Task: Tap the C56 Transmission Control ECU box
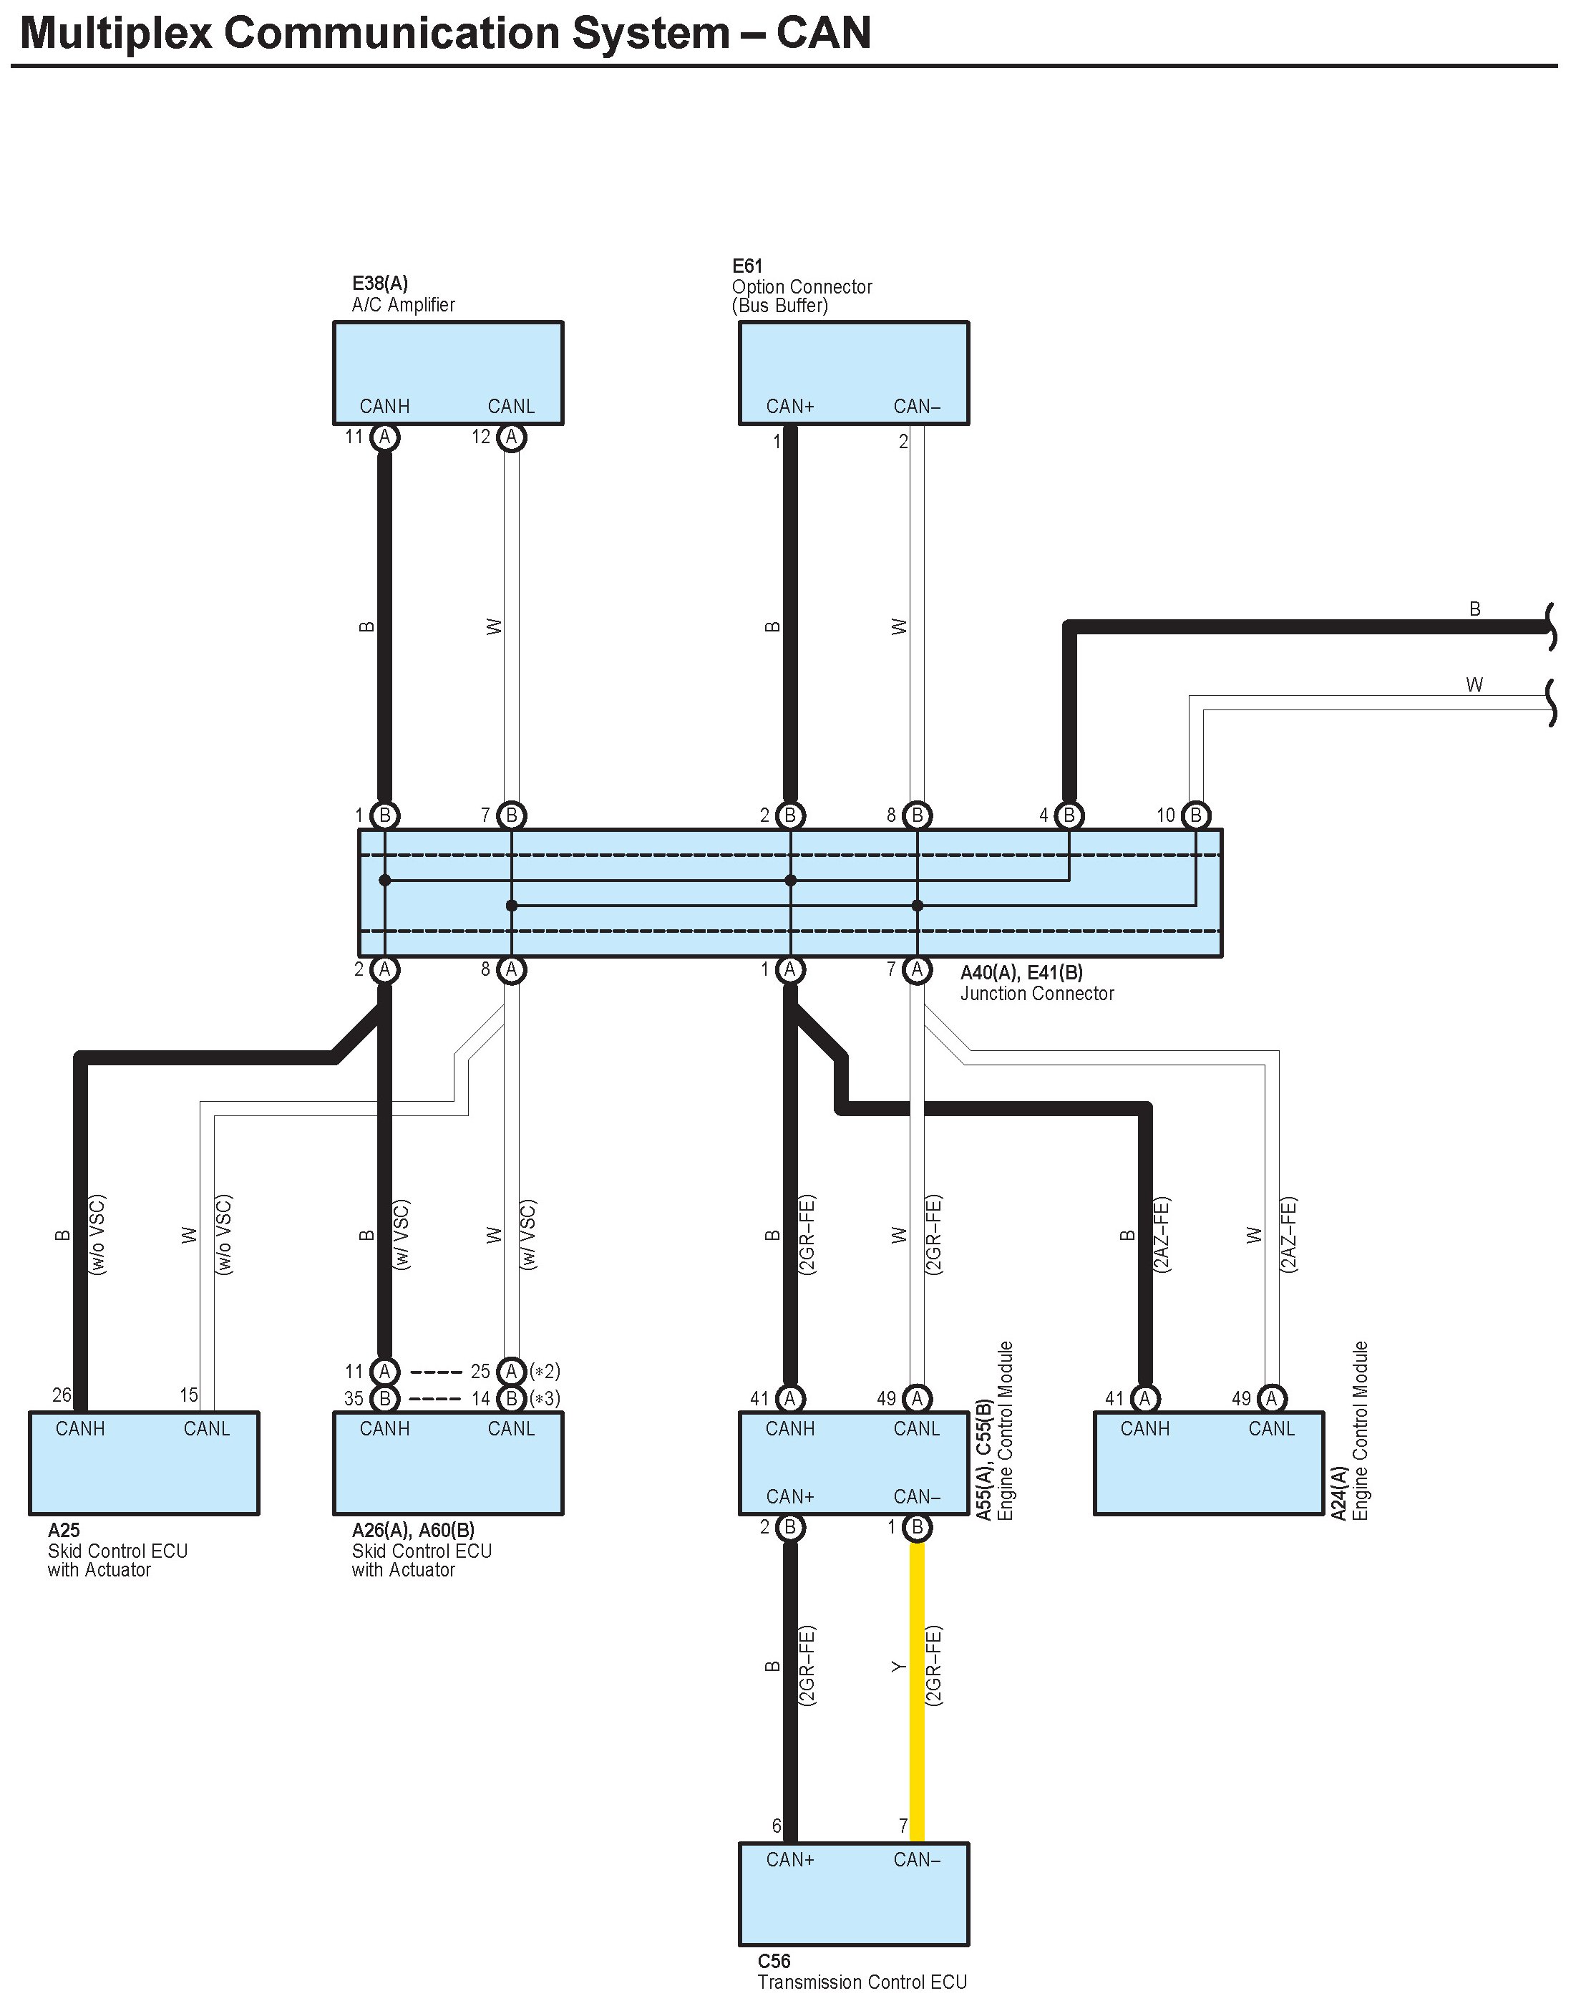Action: (x=854, y=1891)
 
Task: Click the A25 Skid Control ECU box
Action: (x=144, y=1463)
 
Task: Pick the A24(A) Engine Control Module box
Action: (x=1209, y=1463)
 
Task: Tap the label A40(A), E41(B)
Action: (x=1021, y=971)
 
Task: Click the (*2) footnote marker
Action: (x=545, y=1371)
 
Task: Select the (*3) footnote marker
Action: (x=545, y=1398)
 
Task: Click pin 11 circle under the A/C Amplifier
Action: (x=385, y=437)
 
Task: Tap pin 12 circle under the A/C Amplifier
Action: (x=511, y=437)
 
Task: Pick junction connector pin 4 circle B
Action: (x=1069, y=815)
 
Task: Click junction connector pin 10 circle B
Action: (x=1196, y=815)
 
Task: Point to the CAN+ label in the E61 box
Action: (x=790, y=407)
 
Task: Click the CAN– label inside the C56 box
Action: (x=916, y=1860)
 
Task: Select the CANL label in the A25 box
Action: (x=207, y=1429)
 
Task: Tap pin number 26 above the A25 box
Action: (x=62, y=1395)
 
